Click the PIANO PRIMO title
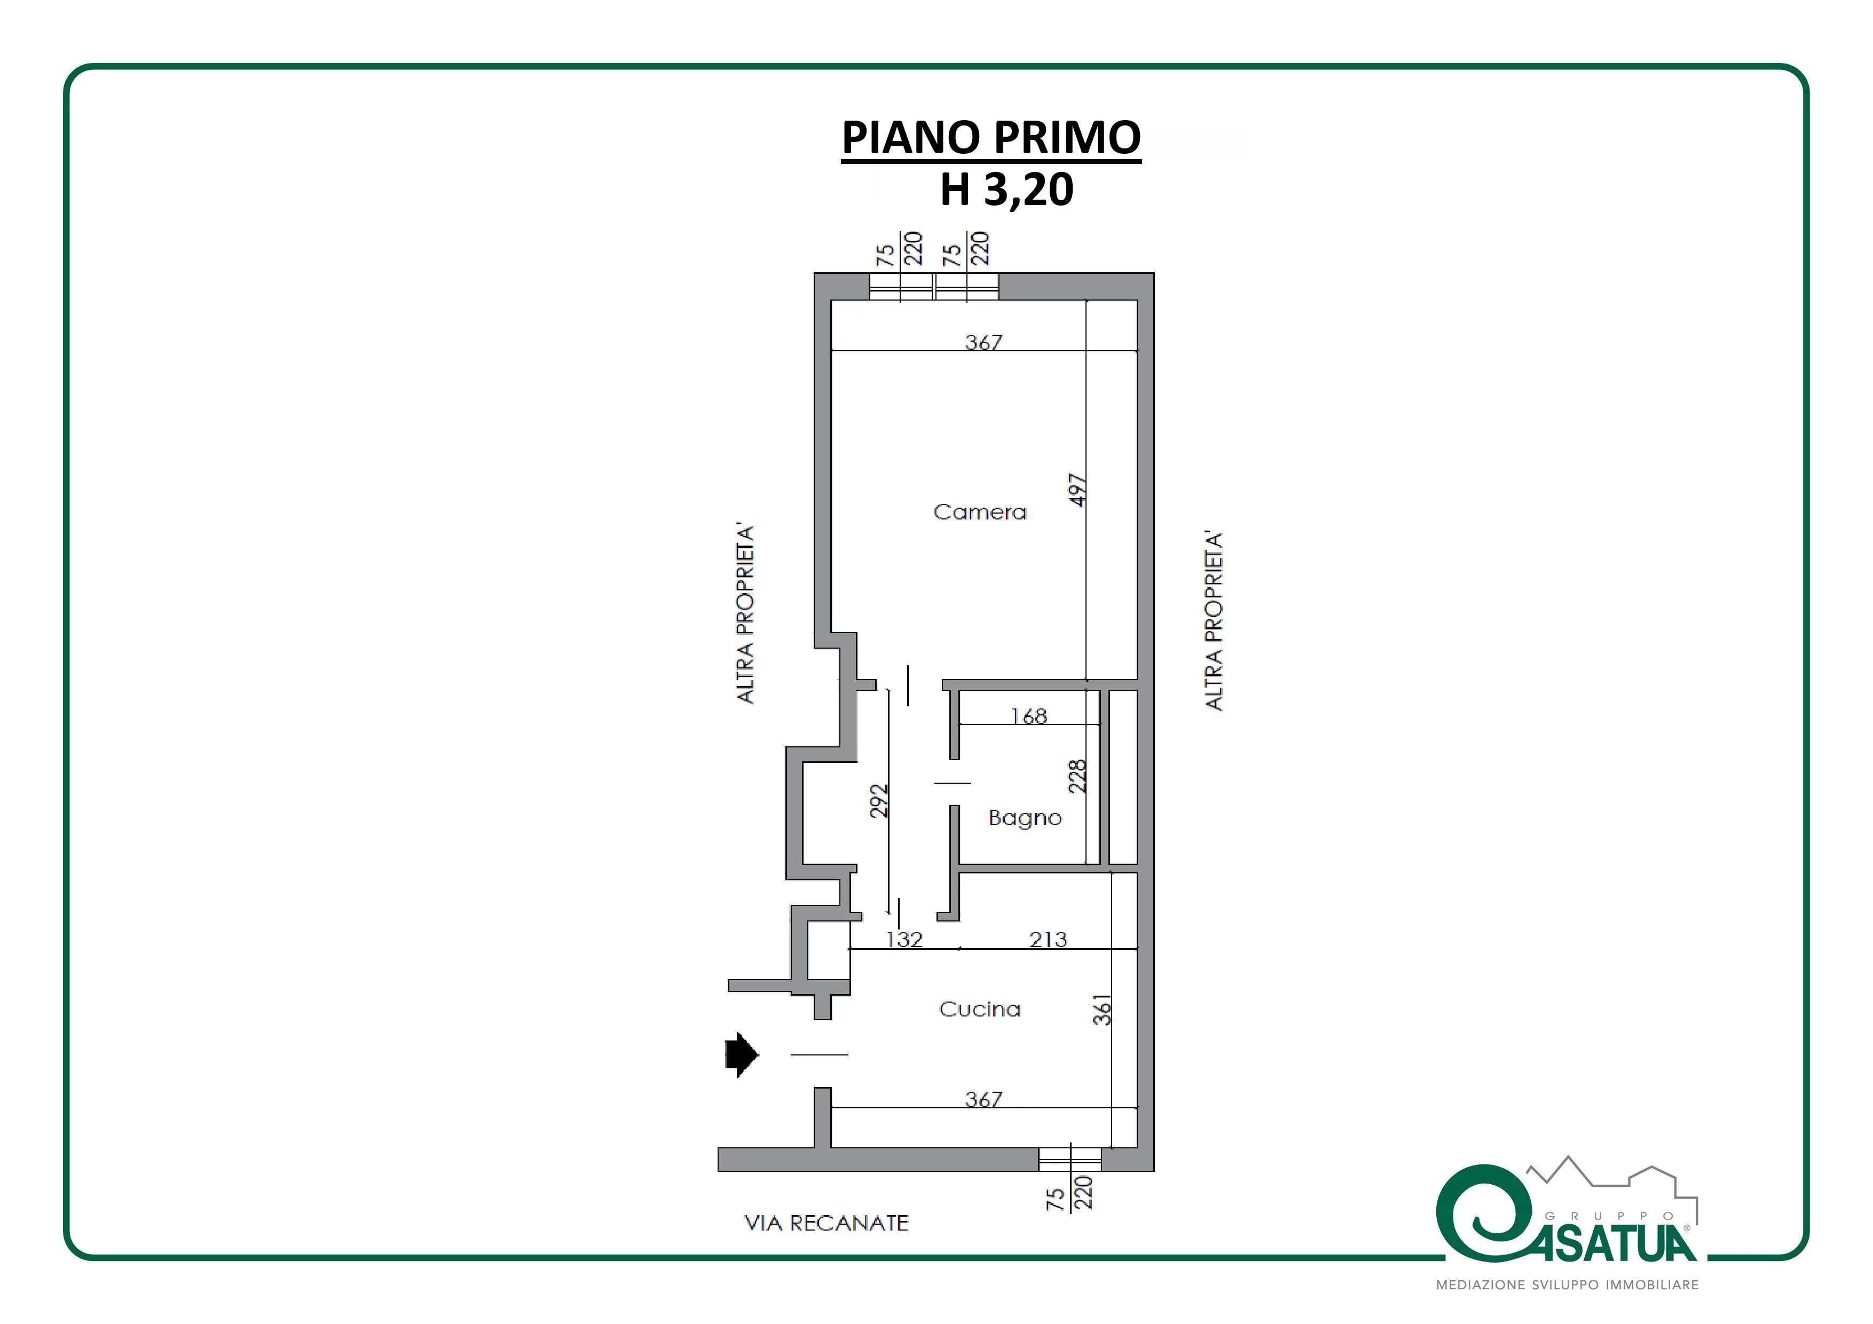tap(991, 137)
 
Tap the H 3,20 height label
tap(1006, 190)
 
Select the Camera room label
tap(980, 513)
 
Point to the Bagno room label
tap(1025, 818)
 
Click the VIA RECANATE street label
tap(827, 1223)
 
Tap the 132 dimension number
tap(904, 939)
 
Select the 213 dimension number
tap(1048, 939)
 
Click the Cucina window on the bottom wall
tap(1069, 1159)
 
